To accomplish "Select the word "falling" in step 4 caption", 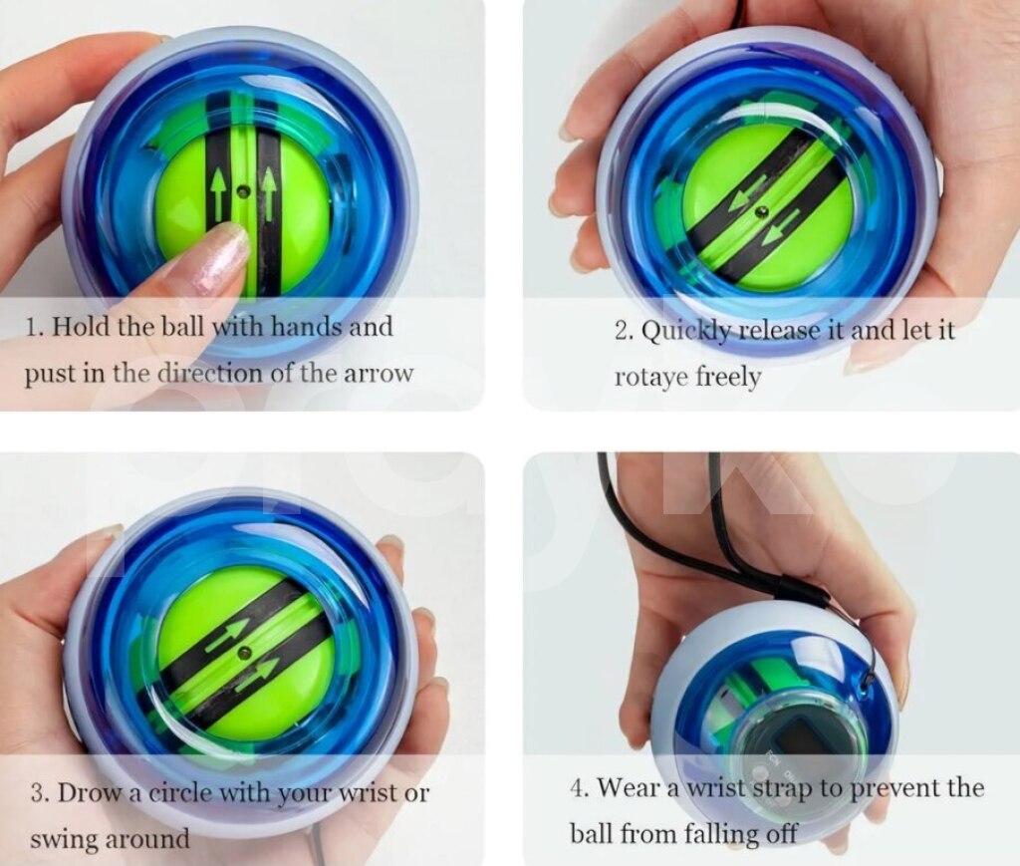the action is [x=714, y=834].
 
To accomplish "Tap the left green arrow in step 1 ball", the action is [x=217, y=192].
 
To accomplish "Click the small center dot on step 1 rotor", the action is [x=244, y=191].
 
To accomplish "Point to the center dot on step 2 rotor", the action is [x=760, y=212].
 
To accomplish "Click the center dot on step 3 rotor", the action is [x=245, y=652].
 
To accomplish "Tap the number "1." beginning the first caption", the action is [x=34, y=327].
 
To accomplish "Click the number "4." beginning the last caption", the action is [x=579, y=788].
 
